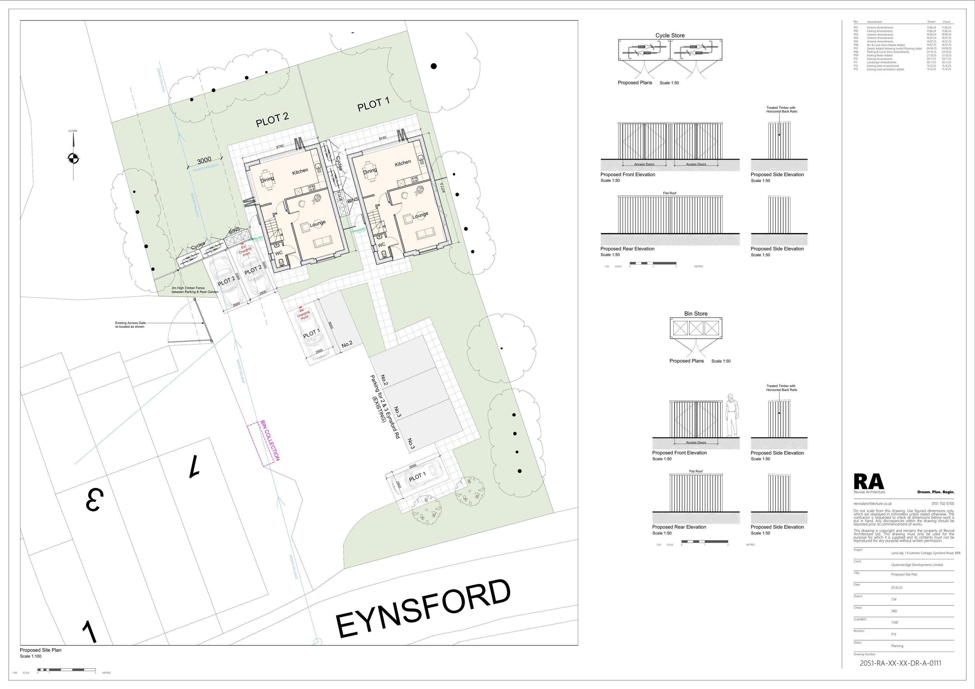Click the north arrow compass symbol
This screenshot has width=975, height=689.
[73, 158]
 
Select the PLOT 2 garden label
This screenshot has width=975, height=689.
[272, 120]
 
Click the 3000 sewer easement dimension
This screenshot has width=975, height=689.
[204, 161]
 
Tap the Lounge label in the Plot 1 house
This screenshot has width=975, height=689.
[420, 215]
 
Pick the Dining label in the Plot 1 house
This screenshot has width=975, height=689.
[370, 171]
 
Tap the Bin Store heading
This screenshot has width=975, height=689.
[695, 314]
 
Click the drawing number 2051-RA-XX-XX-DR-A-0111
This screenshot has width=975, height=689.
[900, 663]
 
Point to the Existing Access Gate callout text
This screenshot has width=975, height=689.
[130, 325]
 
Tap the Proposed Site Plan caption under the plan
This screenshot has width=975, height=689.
[41, 650]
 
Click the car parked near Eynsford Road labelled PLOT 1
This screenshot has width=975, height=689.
[416, 478]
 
